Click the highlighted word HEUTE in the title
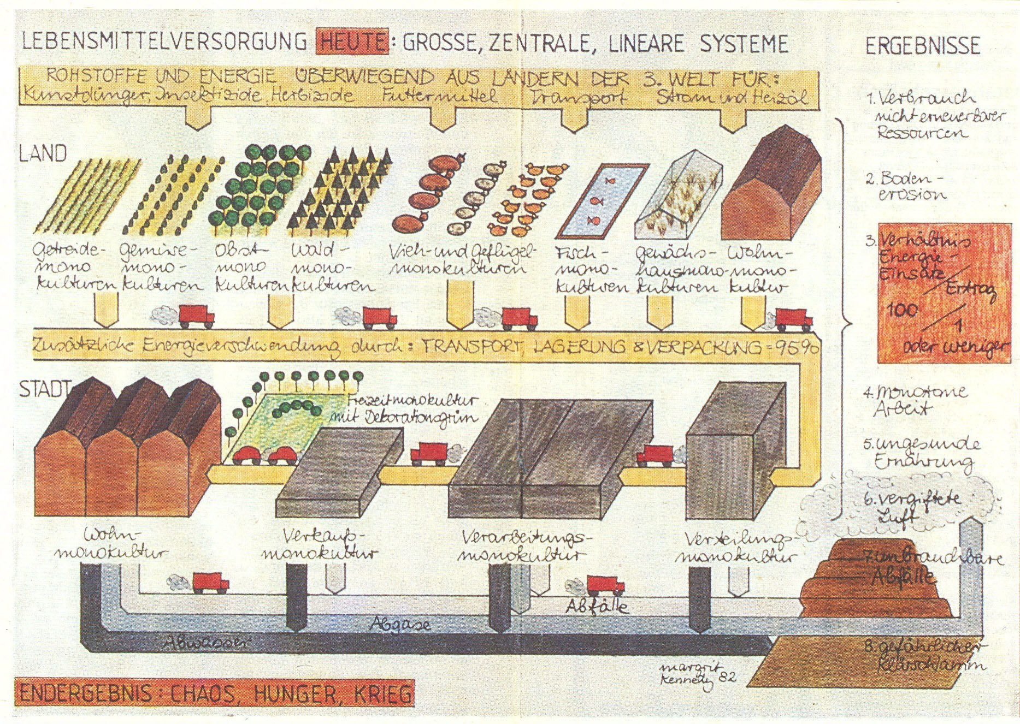pyautogui.click(x=352, y=43)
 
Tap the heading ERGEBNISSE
pyautogui.click(x=923, y=46)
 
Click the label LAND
pyautogui.click(x=43, y=153)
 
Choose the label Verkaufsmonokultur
pyautogui.click(x=320, y=543)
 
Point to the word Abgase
pyautogui.click(x=400, y=624)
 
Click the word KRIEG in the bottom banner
pyautogui.click(x=382, y=694)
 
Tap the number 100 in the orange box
pyautogui.click(x=902, y=310)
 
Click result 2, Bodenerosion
pyautogui.click(x=906, y=186)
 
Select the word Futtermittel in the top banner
pyautogui.click(x=439, y=97)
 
